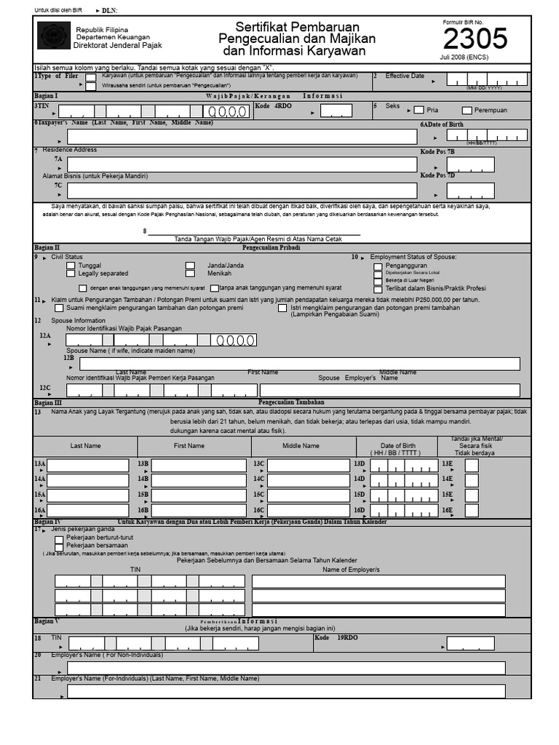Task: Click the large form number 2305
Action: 475,38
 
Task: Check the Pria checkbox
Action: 419,110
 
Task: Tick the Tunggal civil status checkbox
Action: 71,266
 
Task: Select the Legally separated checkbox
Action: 71,274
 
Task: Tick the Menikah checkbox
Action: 190,274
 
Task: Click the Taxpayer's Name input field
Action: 242,137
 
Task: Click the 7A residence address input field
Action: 242,164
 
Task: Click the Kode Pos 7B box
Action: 470,164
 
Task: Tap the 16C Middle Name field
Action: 309,511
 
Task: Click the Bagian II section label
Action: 47,247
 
